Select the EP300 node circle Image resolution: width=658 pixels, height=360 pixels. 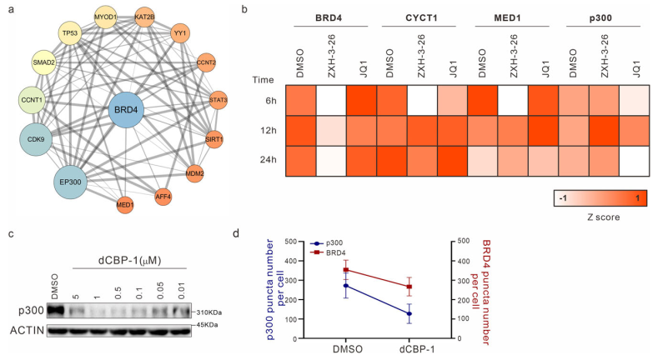click(x=71, y=179)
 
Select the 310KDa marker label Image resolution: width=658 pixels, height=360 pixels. click(x=209, y=312)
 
